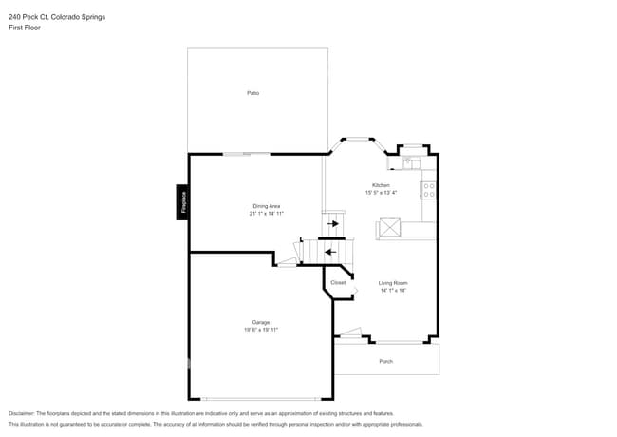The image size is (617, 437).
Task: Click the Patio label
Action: pyautogui.click(x=253, y=93)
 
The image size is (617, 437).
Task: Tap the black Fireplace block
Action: pyautogui.click(x=182, y=201)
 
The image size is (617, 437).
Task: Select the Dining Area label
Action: pyautogui.click(x=266, y=206)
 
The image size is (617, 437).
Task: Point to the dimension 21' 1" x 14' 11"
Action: pyautogui.click(x=266, y=214)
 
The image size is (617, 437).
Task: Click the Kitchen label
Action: pyautogui.click(x=380, y=185)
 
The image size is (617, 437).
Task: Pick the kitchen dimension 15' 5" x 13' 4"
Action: pyautogui.click(x=380, y=193)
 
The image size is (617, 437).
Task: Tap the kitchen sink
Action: pyautogui.click(x=411, y=162)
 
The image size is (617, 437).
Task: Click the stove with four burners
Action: pyautogui.click(x=428, y=190)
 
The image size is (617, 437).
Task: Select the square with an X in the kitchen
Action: pyautogui.click(x=390, y=228)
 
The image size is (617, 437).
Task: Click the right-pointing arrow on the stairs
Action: pyautogui.click(x=332, y=224)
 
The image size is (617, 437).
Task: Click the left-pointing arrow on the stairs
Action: pyautogui.click(x=329, y=252)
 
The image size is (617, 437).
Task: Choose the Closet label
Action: pyautogui.click(x=338, y=282)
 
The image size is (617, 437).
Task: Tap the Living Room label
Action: pyautogui.click(x=393, y=283)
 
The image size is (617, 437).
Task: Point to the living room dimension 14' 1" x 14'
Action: pyautogui.click(x=393, y=291)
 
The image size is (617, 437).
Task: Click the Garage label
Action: pyautogui.click(x=261, y=322)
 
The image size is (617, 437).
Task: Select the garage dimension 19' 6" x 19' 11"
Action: pyautogui.click(x=261, y=330)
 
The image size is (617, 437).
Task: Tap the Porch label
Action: pyautogui.click(x=385, y=362)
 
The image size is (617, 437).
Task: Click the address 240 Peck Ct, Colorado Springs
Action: pyautogui.click(x=57, y=17)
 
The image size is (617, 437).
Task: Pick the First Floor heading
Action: pyautogui.click(x=25, y=28)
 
